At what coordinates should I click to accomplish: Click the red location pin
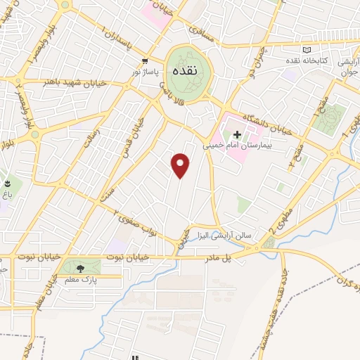tap(181, 165)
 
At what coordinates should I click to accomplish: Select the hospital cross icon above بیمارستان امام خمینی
tap(237, 134)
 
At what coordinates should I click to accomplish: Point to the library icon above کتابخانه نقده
tap(305, 49)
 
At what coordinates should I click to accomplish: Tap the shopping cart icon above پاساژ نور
tap(145, 60)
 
